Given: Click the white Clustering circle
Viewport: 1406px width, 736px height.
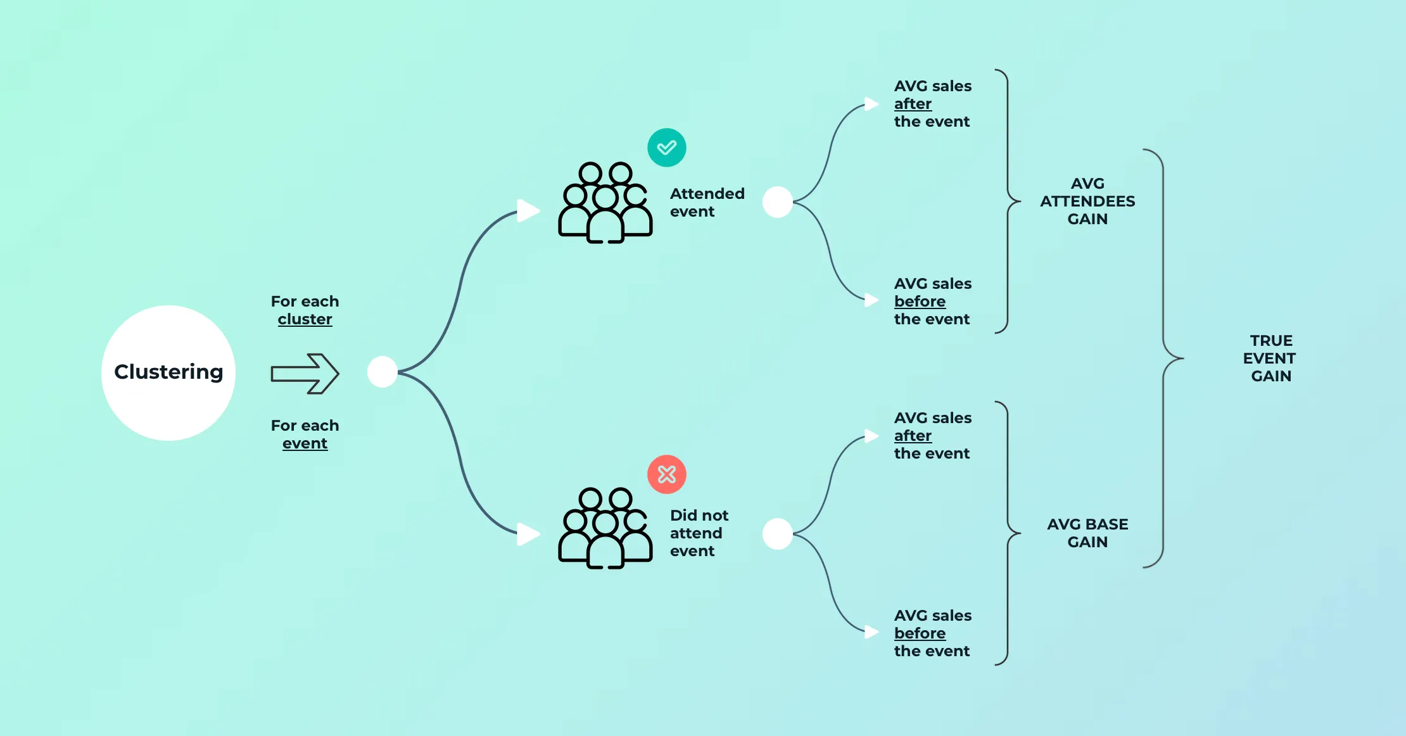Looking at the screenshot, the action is [x=168, y=372].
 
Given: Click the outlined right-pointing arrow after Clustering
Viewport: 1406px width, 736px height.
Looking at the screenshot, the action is [x=305, y=374].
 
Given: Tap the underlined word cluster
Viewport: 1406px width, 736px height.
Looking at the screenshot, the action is [x=305, y=319].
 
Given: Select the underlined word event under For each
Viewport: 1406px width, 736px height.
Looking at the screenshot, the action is [x=305, y=443].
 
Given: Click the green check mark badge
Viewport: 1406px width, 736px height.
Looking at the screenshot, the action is [x=666, y=148].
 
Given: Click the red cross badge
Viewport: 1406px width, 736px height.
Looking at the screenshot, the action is [x=666, y=474].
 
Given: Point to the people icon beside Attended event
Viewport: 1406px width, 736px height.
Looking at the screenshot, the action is [x=605, y=203].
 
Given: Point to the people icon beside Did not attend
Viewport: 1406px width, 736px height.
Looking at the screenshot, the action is [x=605, y=528].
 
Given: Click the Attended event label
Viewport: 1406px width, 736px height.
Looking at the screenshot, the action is [x=707, y=203].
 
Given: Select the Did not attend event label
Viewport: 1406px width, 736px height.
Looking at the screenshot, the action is [x=699, y=533].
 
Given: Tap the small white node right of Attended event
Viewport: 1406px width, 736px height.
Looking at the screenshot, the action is [x=778, y=202].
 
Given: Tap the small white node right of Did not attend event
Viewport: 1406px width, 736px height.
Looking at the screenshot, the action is [x=778, y=534].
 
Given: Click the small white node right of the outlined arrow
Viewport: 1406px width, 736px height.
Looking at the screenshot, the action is [x=383, y=372].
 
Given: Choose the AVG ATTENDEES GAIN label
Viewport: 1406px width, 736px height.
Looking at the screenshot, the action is [x=1087, y=201].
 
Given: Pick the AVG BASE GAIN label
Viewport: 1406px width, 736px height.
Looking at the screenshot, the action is [x=1087, y=533].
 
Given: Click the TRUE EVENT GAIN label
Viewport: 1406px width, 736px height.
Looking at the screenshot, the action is [x=1270, y=358].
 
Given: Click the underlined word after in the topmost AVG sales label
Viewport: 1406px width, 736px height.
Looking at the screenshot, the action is [x=913, y=104].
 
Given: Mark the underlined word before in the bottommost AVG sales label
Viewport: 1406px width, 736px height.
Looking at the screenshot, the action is [x=920, y=633].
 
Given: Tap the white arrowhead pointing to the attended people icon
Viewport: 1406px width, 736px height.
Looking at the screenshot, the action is [x=528, y=210].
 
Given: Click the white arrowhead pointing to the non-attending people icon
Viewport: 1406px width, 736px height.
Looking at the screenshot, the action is [x=528, y=534].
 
